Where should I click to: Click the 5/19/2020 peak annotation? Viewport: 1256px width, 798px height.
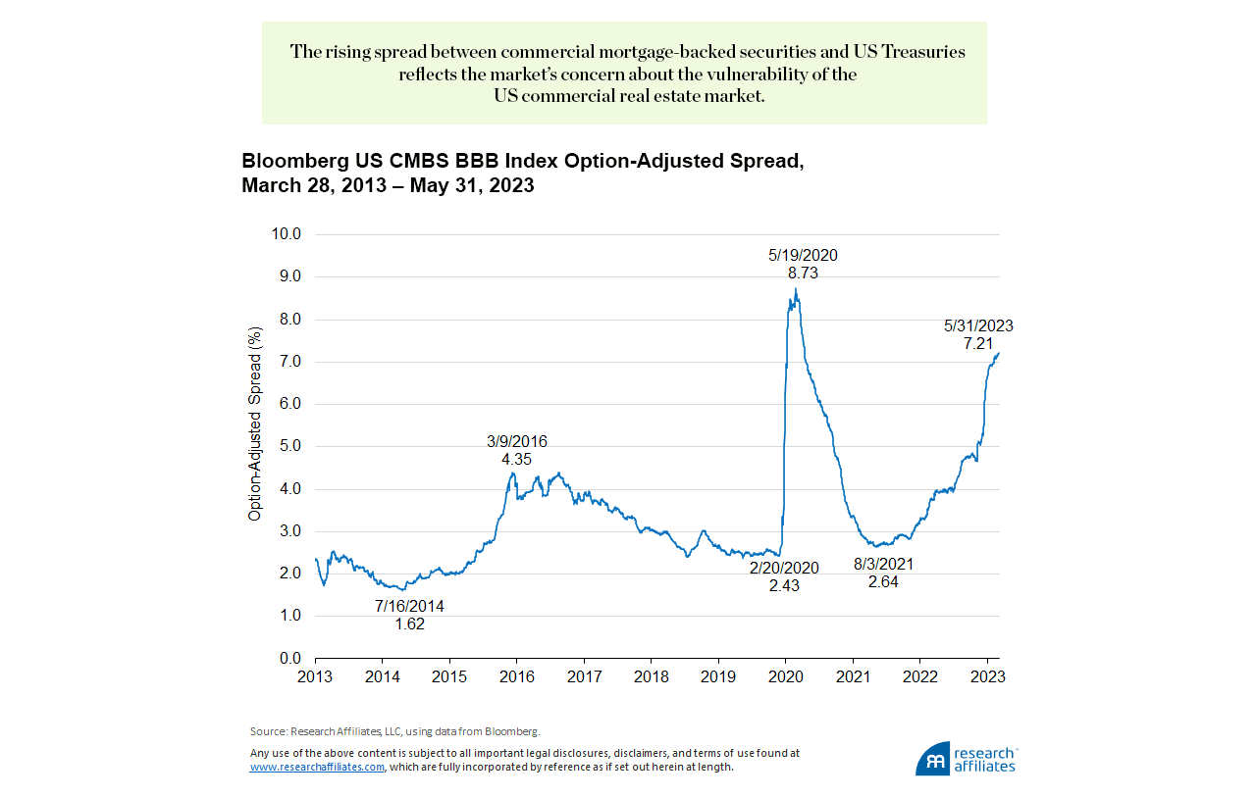(803, 256)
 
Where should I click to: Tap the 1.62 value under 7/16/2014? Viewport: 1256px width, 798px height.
(409, 623)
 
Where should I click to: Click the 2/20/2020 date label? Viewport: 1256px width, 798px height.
(784, 568)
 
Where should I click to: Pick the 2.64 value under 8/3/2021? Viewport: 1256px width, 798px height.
(883, 581)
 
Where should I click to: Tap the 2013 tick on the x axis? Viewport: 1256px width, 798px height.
(315, 676)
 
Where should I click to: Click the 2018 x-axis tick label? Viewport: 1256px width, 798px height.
(651, 676)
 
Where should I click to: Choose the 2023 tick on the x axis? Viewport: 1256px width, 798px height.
(986, 676)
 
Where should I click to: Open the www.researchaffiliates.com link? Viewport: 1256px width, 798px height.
(317, 768)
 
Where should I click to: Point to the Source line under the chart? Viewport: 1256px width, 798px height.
(395, 731)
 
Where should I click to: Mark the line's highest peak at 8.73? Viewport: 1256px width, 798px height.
(796, 288)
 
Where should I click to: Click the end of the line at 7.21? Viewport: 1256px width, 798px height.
(999, 353)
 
